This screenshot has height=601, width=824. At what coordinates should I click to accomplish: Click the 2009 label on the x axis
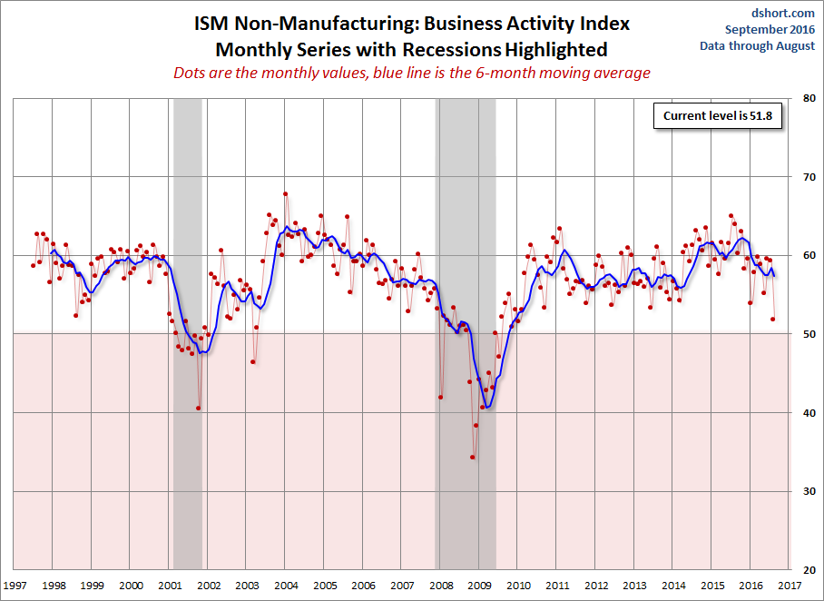pos(480,586)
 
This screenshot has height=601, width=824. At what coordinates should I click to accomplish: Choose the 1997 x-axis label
pos(15,586)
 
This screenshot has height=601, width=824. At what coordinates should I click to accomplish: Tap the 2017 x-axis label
pos(790,586)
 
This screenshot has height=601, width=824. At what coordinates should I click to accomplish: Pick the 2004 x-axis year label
pos(286,586)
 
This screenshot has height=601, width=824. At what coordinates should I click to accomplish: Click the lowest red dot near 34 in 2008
pos(473,457)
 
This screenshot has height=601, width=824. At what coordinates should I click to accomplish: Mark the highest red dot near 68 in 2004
pos(285,193)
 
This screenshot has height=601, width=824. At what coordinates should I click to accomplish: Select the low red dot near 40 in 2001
pos(199,408)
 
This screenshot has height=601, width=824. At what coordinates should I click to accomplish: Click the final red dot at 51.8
pos(773,319)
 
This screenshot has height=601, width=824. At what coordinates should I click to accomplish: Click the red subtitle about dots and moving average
pos(412,73)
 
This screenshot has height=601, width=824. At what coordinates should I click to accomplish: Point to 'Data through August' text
pos(770,46)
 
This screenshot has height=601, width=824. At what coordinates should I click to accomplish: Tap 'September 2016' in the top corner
pos(770,30)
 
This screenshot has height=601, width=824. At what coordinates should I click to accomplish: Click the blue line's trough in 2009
pos(488,407)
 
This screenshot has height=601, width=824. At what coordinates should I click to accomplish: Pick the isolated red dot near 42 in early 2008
pos(441,397)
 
